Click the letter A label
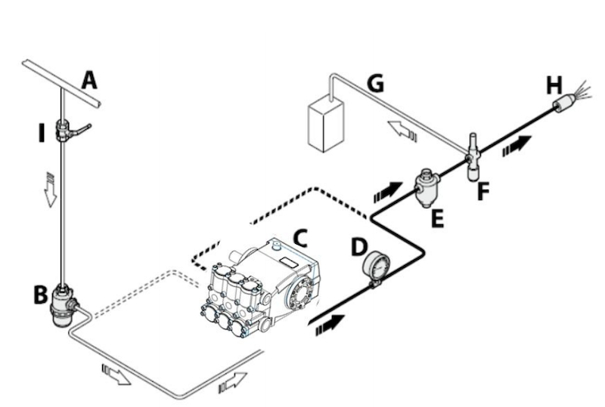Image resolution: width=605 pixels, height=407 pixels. pyautogui.click(x=90, y=79)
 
